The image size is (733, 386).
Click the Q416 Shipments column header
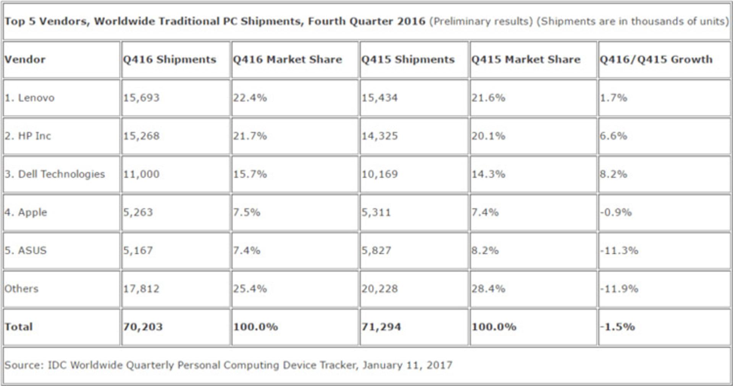click(170, 60)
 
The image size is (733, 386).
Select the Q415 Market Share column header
click(526, 60)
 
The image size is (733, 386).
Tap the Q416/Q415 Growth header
click(656, 60)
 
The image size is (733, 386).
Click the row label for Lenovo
click(29, 98)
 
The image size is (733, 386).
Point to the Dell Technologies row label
click(55, 174)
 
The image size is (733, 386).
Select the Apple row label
click(26, 213)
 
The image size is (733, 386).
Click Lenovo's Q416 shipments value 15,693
click(141, 98)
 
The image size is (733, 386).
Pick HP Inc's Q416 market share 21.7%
click(250, 136)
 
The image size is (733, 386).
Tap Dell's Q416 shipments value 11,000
click(141, 174)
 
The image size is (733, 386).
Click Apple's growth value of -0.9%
click(616, 212)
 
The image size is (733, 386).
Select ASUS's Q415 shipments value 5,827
click(376, 250)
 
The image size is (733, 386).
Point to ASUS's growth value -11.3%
click(619, 250)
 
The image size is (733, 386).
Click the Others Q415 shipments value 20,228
click(380, 289)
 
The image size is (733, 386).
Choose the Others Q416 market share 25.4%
click(250, 289)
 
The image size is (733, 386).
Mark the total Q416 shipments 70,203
click(143, 327)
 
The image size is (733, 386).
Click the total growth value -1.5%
click(617, 327)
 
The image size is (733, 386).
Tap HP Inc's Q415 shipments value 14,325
click(380, 136)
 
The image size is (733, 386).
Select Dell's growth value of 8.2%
click(614, 174)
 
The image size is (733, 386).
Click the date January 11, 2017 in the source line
click(407, 365)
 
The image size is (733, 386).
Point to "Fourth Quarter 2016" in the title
click(366, 21)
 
